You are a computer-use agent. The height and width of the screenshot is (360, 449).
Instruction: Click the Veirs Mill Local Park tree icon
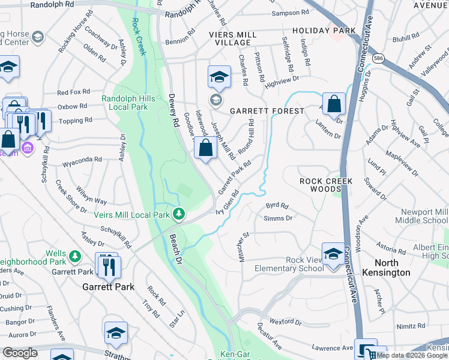click(x=178, y=214)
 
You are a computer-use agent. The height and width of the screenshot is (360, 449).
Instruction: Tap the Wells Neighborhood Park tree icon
click(x=75, y=256)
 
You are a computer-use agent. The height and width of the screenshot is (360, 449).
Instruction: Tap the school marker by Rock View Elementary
click(x=333, y=254)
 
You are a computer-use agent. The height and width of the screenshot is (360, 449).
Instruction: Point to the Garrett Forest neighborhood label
click(x=266, y=111)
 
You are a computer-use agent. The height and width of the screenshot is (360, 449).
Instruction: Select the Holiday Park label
click(x=320, y=30)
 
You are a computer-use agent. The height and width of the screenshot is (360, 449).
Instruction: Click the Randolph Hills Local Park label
click(x=128, y=103)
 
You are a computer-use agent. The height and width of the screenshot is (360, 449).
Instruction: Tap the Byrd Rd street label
click(x=277, y=205)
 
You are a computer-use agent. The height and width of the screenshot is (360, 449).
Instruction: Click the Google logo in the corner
click(x=20, y=353)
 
